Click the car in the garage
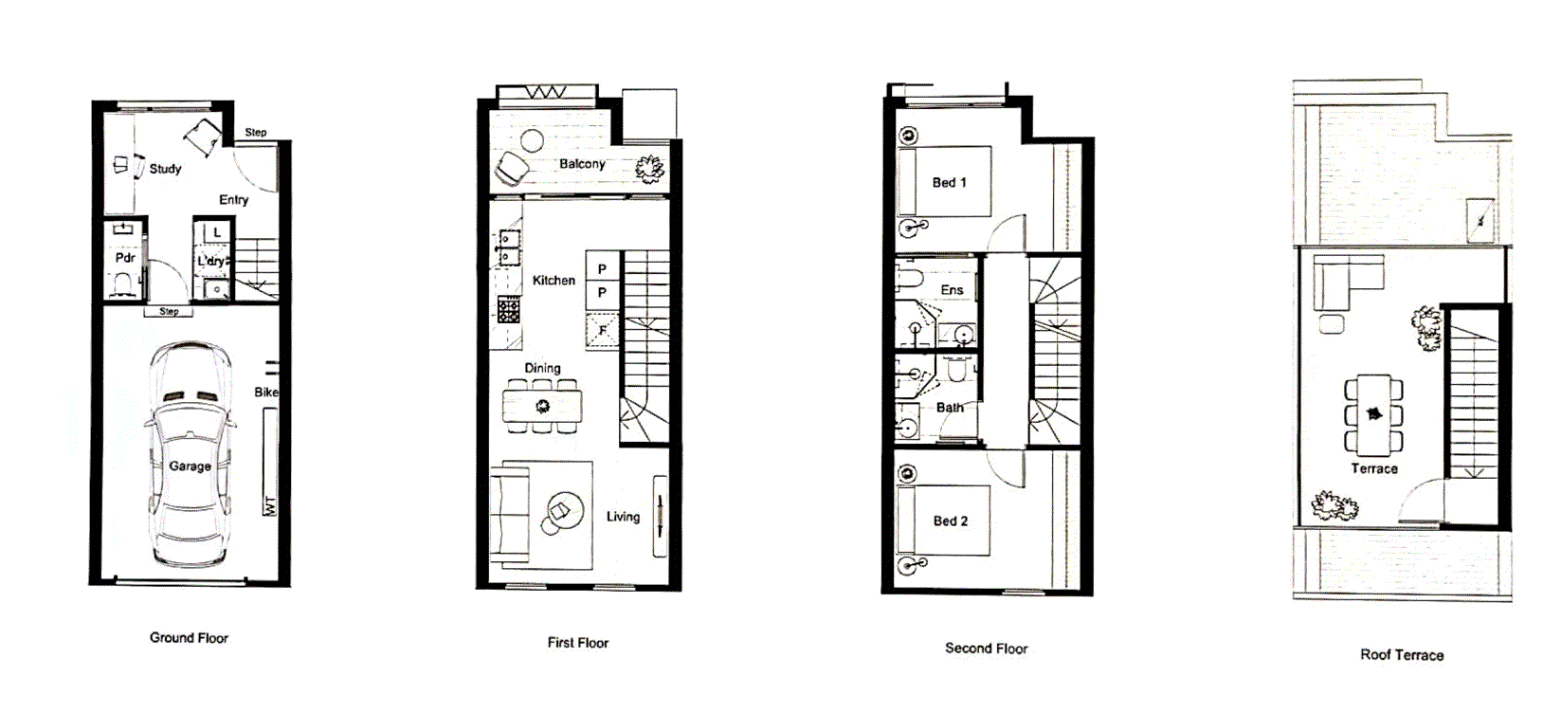[x=190, y=455]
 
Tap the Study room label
[x=165, y=169]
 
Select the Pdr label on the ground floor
[x=125, y=258]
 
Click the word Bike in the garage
[x=266, y=392]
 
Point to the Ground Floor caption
[x=189, y=638]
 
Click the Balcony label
[x=582, y=164]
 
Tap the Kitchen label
[x=554, y=281]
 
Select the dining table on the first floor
[x=542, y=407]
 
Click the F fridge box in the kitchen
[x=602, y=331]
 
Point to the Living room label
[x=623, y=517]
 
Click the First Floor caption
[x=577, y=643]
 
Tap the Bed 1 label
[x=949, y=182]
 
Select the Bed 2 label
[x=950, y=521]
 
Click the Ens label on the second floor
[x=952, y=290]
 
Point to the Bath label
[x=950, y=408]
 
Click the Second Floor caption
[x=986, y=649]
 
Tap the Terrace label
[x=1374, y=468]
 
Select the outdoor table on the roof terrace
[x=1373, y=413]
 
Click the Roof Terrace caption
[x=1402, y=655]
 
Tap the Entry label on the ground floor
[x=233, y=200]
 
